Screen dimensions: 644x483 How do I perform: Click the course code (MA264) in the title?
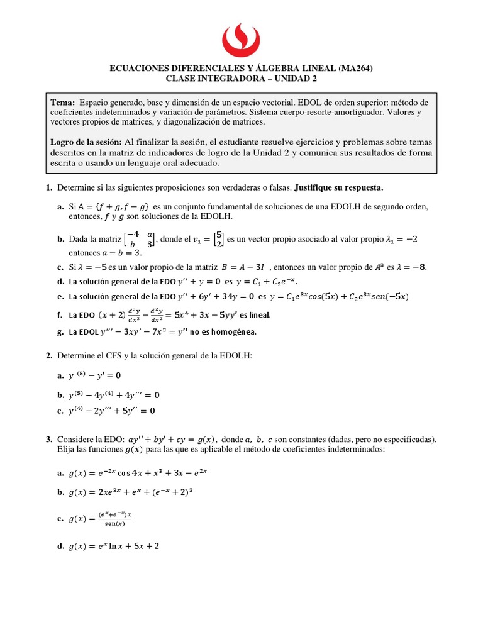coord(355,69)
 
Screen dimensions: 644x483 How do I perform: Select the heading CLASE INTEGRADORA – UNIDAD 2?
coord(241,79)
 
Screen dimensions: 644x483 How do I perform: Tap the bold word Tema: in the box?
coord(63,103)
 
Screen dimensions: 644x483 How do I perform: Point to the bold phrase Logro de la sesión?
coord(86,142)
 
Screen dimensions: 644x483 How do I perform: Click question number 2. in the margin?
coord(48,356)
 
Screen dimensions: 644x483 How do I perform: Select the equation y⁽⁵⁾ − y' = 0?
coord(94,375)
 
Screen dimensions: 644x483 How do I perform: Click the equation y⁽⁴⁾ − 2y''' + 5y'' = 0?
coord(111,411)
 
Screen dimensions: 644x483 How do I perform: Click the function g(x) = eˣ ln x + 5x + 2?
coord(114,547)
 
